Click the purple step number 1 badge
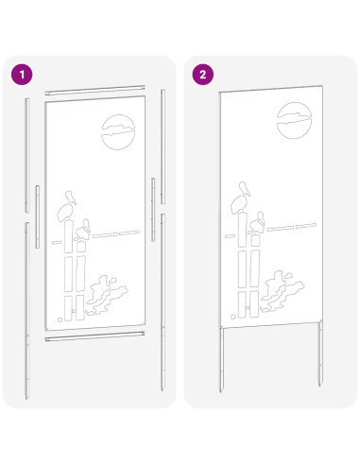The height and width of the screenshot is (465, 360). click(x=22, y=75)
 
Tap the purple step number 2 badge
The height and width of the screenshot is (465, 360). click(x=203, y=75)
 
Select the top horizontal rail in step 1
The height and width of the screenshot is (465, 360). click(x=94, y=90)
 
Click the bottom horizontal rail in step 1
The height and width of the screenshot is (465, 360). click(x=94, y=336)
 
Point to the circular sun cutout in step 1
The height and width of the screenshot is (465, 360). click(x=118, y=132)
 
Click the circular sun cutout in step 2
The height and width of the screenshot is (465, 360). click(x=294, y=120)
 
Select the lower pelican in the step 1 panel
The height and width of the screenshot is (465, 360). click(x=82, y=231)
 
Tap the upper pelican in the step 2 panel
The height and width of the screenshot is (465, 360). click(x=241, y=198)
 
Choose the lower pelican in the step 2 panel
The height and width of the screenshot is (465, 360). click(x=257, y=222)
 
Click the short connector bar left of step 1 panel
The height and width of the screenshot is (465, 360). click(x=38, y=216)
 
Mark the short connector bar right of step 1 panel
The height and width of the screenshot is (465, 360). click(x=153, y=210)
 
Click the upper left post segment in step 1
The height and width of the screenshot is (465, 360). click(x=26, y=155)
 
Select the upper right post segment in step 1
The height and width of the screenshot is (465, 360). click(x=163, y=146)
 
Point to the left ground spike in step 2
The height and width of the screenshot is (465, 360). click(x=222, y=360)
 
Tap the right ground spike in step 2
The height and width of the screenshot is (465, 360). click(x=320, y=353)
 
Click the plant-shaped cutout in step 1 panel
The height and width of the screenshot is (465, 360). click(x=107, y=296)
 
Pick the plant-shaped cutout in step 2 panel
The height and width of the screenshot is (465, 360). click(x=283, y=291)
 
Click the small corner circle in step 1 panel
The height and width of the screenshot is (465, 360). click(x=60, y=319)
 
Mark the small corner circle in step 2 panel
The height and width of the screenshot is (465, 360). click(x=233, y=317)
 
